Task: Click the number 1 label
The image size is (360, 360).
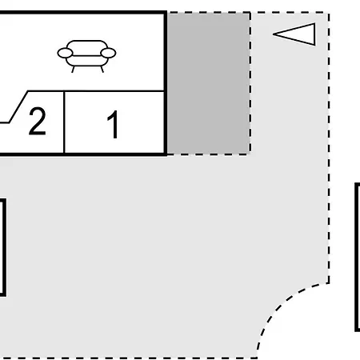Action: click(x=113, y=125)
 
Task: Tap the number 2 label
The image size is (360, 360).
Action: click(x=37, y=121)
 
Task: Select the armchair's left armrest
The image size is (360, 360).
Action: click(x=65, y=53)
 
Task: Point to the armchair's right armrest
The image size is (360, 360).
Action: click(x=108, y=53)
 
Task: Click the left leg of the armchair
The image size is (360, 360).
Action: click(x=73, y=70)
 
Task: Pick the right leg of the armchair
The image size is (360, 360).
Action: click(x=102, y=70)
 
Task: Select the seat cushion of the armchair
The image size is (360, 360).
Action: click(x=87, y=61)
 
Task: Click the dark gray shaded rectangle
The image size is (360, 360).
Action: click(x=209, y=83)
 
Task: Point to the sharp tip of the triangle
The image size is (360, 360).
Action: click(x=274, y=34)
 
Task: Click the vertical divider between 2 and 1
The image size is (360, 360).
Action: click(x=64, y=122)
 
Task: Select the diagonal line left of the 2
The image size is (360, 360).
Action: click(x=18, y=106)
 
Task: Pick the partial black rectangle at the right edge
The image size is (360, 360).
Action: click(x=357, y=257)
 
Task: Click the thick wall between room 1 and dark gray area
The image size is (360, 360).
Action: click(x=166, y=83)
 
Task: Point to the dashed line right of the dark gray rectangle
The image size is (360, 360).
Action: click(x=250, y=83)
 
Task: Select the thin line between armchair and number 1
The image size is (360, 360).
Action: click(x=96, y=91)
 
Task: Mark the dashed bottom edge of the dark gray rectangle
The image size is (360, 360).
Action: click(x=209, y=154)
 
